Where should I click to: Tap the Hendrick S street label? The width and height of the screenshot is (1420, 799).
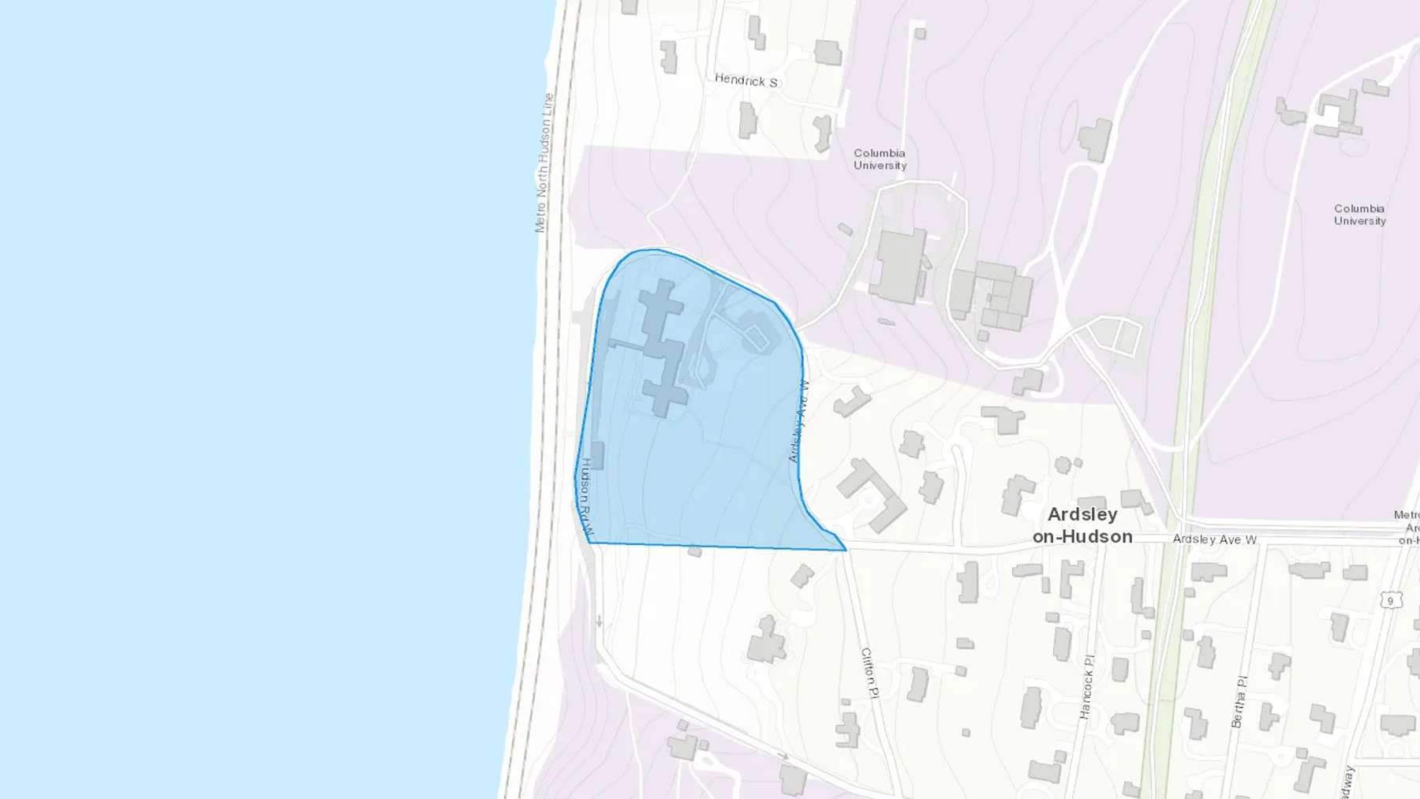pyautogui.click(x=745, y=80)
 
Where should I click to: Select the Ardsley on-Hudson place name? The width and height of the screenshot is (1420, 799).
pyautogui.click(x=1082, y=525)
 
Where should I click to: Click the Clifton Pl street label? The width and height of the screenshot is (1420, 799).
pyautogui.click(x=869, y=673)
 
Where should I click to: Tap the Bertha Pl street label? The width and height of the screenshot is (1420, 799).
pyautogui.click(x=1239, y=701)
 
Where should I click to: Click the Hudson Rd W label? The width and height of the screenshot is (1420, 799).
pyautogui.click(x=585, y=498)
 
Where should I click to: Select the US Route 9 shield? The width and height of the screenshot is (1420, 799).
pyautogui.click(x=1390, y=600)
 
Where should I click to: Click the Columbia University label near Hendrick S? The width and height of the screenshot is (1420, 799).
pyautogui.click(x=880, y=159)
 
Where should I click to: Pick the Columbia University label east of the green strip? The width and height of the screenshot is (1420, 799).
pyautogui.click(x=1359, y=215)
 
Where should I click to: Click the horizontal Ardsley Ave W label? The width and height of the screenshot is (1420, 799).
pyautogui.click(x=1214, y=540)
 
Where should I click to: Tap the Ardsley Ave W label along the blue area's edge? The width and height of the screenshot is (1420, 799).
pyautogui.click(x=799, y=421)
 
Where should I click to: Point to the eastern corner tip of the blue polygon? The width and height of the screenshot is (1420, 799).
pyautogui.click(x=846, y=550)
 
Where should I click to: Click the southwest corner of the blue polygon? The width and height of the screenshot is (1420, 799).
pyautogui.click(x=589, y=543)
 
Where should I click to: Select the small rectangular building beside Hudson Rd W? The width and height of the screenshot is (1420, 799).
pyautogui.click(x=597, y=455)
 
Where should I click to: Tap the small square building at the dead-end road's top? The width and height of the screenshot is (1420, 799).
pyautogui.click(x=920, y=34)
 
